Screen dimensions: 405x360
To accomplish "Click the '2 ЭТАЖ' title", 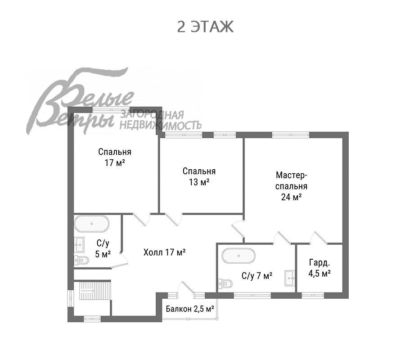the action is [x=205, y=27].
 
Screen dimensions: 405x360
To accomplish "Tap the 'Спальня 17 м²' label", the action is [x=115, y=157].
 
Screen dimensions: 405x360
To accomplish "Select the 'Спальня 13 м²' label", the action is [x=199, y=177].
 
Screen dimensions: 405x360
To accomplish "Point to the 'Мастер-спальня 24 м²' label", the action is [x=292, y=186].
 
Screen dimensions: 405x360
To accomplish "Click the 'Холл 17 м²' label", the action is [x=165, y=252].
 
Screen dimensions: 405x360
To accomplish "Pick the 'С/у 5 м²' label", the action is [x=103, y=248].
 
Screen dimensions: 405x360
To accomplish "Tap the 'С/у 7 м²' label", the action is [x=257, y=276].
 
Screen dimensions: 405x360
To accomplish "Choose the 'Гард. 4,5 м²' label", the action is [x=319, y=268].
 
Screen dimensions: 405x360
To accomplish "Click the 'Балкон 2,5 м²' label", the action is [x=190, y=309].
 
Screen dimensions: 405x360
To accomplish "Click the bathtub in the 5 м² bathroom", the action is [x=92, y=224].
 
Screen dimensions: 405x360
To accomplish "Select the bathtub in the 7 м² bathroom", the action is [x=238, y=256].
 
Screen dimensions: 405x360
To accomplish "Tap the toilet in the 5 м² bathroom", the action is [x=81, y=260].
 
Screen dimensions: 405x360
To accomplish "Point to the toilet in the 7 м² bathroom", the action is [x=225, y=284].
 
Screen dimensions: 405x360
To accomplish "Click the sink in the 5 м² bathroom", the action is [x=79, y=244].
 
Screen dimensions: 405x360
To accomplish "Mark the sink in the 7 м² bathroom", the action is [x=290, y=278].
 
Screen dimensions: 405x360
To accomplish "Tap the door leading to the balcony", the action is [x=188, y=288].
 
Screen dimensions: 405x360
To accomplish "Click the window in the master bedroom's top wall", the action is [x=291, y=135].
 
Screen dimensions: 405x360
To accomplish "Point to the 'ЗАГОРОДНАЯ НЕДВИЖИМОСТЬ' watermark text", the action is [x=160, y=120].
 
